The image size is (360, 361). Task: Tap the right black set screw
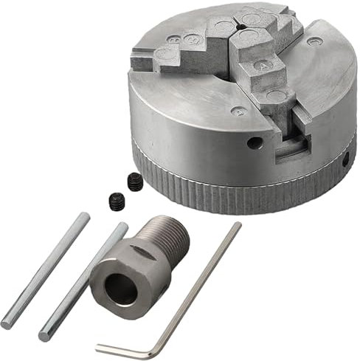point(134,180)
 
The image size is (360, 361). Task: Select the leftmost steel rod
point(45,269)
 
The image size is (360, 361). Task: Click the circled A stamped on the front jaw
point(260,65)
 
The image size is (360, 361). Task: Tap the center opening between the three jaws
point(239,30)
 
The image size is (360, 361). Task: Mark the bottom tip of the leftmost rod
point(7,323)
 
